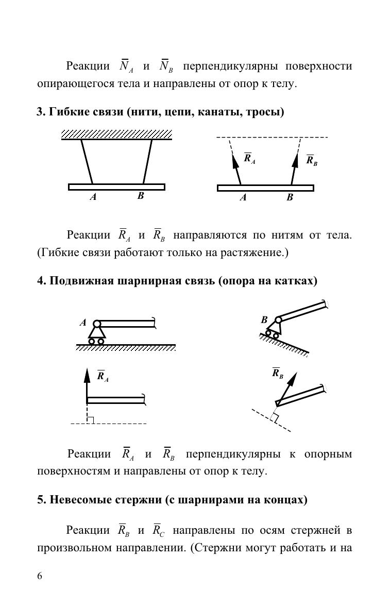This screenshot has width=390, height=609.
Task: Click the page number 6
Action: [40, 576]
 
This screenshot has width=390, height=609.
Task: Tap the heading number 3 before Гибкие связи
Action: [40, 112]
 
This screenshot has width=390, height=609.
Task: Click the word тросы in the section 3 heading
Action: [266, 112]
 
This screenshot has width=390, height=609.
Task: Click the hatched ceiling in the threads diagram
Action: [116, 134]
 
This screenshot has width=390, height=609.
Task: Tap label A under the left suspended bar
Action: [93, 197]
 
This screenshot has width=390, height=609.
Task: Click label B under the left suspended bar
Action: [140, 196]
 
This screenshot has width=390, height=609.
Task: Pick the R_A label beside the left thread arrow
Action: [249, 158]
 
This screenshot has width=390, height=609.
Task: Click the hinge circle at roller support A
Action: [97, 324]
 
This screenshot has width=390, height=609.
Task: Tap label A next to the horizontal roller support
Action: [83, 323]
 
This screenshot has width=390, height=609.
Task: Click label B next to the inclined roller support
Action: [264, 320]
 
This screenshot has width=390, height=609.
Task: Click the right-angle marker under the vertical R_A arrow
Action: [90, 420]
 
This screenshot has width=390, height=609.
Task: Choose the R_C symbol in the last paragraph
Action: [158, 530]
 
